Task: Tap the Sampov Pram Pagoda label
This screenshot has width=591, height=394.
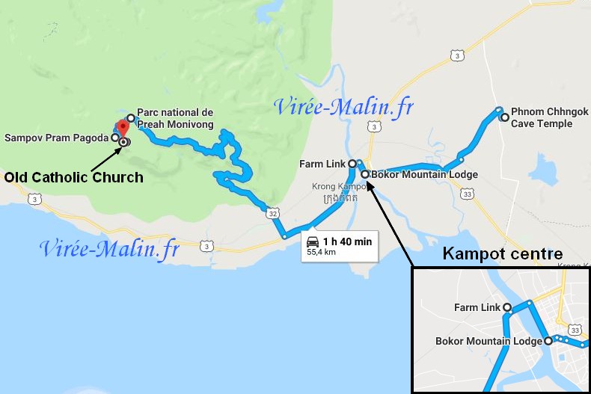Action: [x=58, y=138]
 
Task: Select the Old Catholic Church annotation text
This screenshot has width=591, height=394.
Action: [x=73, y=177]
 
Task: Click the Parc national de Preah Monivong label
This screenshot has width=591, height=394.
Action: [x=175, y=118]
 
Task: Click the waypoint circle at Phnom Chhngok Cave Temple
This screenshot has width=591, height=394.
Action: [x=505, y=117]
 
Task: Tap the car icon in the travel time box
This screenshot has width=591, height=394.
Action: [x=313, y=241]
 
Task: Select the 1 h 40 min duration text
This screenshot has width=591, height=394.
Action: [x=347, y=241]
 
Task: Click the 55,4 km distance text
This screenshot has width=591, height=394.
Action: [x=322, y=253]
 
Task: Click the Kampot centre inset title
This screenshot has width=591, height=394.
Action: [x=502, y=254]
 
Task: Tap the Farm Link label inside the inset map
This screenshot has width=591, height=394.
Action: [x=477, y=307]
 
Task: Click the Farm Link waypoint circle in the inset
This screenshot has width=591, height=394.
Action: [x=507, y=307]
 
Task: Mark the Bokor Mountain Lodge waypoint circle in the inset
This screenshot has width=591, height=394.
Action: [x=548, y=341]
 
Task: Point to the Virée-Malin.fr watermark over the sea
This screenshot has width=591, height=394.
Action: [x=110, y=249]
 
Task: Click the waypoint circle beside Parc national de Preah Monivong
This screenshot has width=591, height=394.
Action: [x=131, y=118]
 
